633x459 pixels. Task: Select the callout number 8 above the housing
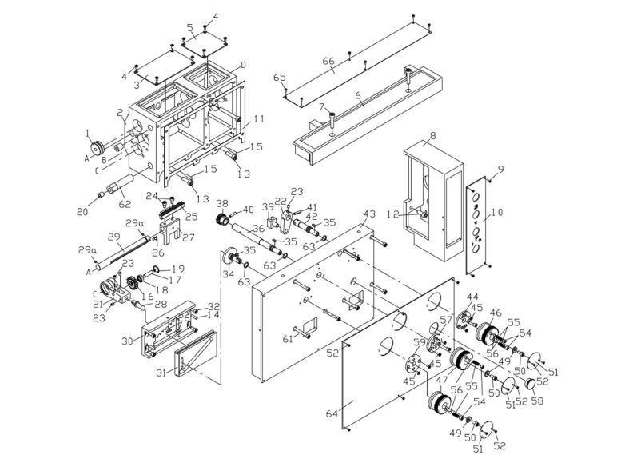coord(432,137)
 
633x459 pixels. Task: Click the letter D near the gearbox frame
coord(244,64)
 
